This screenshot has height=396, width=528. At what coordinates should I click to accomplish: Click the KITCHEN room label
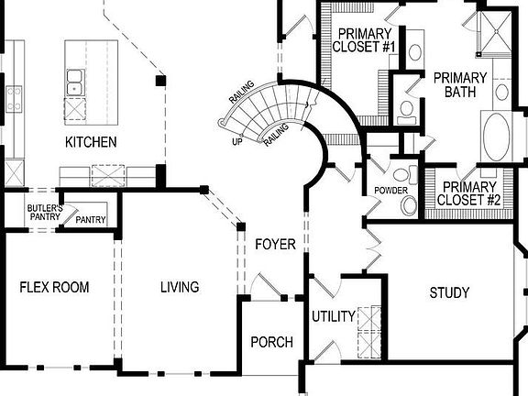click(x=91, y=142)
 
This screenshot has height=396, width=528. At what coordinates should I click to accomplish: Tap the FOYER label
click(x=275, y=244)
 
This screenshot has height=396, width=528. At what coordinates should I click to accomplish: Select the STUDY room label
click(x=449, y=292)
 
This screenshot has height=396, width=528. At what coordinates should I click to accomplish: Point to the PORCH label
click(x=272, y=342)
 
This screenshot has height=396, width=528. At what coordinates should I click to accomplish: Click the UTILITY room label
click(x=334, y=316)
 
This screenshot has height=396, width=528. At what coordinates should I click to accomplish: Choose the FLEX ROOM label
click(x=55, y=287)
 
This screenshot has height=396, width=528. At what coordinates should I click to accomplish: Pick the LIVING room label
click(x=180, y=287)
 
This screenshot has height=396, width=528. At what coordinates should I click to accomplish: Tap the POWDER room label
click(x=390, y=191)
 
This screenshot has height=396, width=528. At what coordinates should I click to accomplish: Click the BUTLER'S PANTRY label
click(x=45, y=213)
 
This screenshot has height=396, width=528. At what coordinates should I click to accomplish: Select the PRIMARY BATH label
click(x=460, y=85)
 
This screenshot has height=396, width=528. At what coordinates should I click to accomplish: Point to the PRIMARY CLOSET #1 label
click(x=364, y=40)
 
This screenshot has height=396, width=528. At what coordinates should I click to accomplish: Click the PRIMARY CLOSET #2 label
click(x=468, y=193)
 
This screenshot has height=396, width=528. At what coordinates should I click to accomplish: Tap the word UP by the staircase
click(x=237, y=142)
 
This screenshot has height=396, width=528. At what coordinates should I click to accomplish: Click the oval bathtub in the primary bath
click(x=496, y=135)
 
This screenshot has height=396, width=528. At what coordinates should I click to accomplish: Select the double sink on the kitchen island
click(x=75, y=82)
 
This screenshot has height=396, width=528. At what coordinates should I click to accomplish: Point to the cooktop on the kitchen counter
click(x=14, y=99)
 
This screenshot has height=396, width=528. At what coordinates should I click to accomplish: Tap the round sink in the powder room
click(x=410, y=204)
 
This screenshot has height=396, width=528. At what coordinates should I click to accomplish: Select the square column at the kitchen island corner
click(x=160, y=81)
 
